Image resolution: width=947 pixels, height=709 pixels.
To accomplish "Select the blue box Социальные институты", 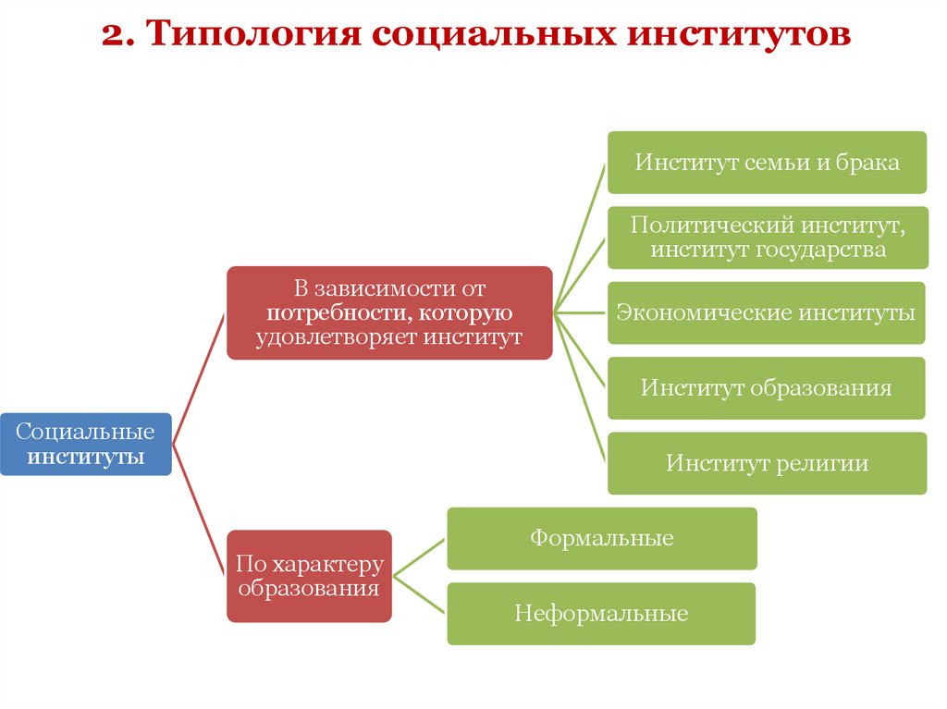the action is (85, 445).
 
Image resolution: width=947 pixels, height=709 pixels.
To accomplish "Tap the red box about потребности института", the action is (389, 313).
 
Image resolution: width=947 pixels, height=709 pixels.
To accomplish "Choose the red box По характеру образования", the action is (309, 576).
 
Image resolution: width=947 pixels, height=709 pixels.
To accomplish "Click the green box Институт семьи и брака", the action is (767, 163).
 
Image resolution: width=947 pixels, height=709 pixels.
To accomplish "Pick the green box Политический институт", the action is (767, 238).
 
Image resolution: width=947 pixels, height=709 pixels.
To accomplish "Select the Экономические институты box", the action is (767, 312).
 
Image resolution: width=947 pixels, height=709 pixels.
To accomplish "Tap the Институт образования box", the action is (767, 387).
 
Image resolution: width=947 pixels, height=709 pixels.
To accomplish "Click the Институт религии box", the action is (767, 463).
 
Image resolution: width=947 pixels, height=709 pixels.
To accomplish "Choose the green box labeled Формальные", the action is (602, 538).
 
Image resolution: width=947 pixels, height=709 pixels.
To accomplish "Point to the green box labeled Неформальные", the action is (601, 614).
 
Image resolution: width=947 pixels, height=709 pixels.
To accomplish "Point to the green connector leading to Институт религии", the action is (581, 387).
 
